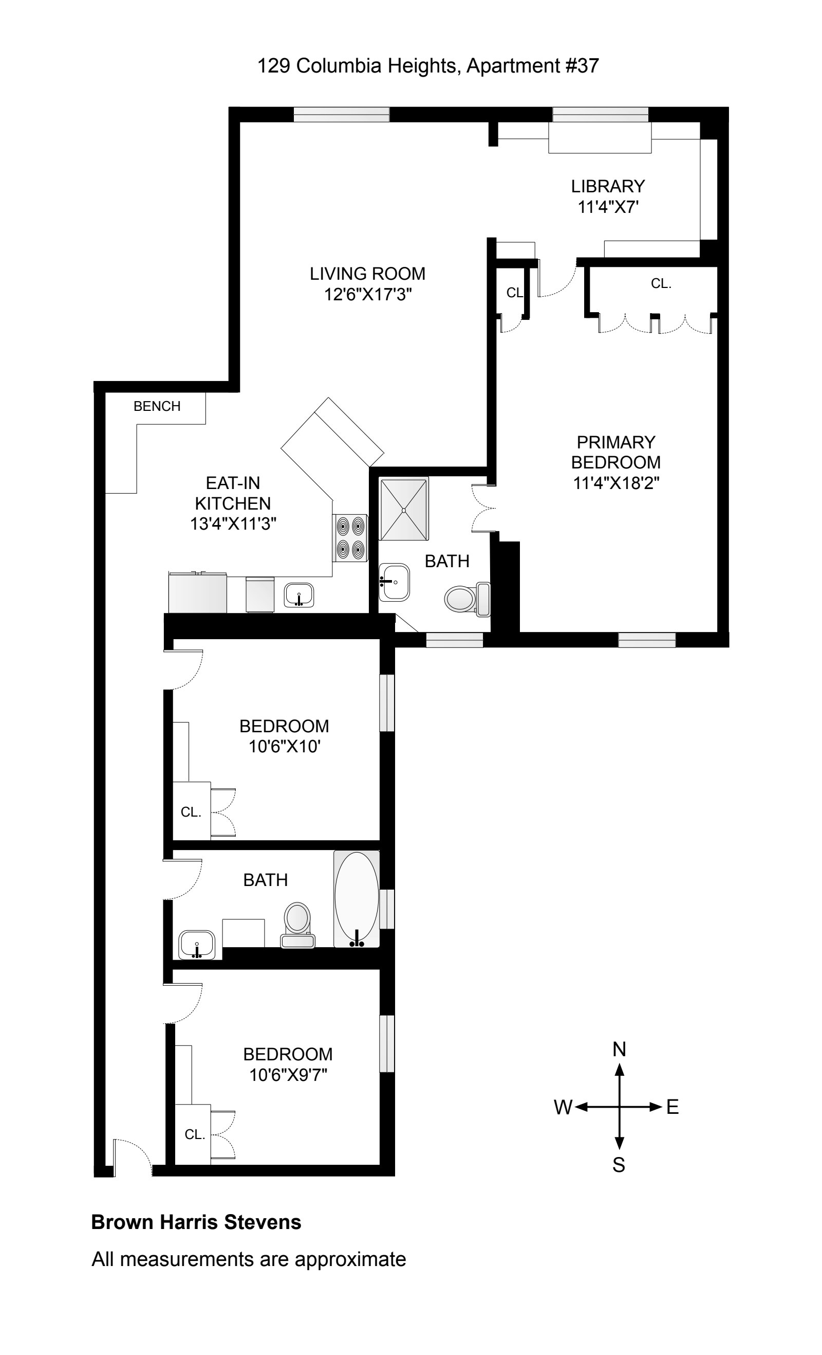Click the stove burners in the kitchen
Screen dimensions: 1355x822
pos(350,537)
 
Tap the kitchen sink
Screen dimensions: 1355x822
pos(299,595)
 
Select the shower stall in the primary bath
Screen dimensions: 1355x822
pos(403,509)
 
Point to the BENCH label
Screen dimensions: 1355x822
pos(157,406)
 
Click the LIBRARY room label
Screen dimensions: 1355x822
pos(607,187)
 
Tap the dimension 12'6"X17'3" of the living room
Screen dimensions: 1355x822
pos(368,295)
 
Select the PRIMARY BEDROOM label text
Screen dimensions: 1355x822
pos(615,452)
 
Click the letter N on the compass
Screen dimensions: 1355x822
pos(619,1049)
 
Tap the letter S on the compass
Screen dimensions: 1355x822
pos(619,1165)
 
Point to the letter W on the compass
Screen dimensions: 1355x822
pos(563,1107)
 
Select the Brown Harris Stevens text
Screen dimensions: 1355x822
pos(196,1222)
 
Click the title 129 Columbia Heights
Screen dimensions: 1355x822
pos(358,66)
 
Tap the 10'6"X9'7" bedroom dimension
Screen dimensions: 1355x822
pos(288,1075)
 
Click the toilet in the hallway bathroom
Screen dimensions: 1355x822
pos(297,924)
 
